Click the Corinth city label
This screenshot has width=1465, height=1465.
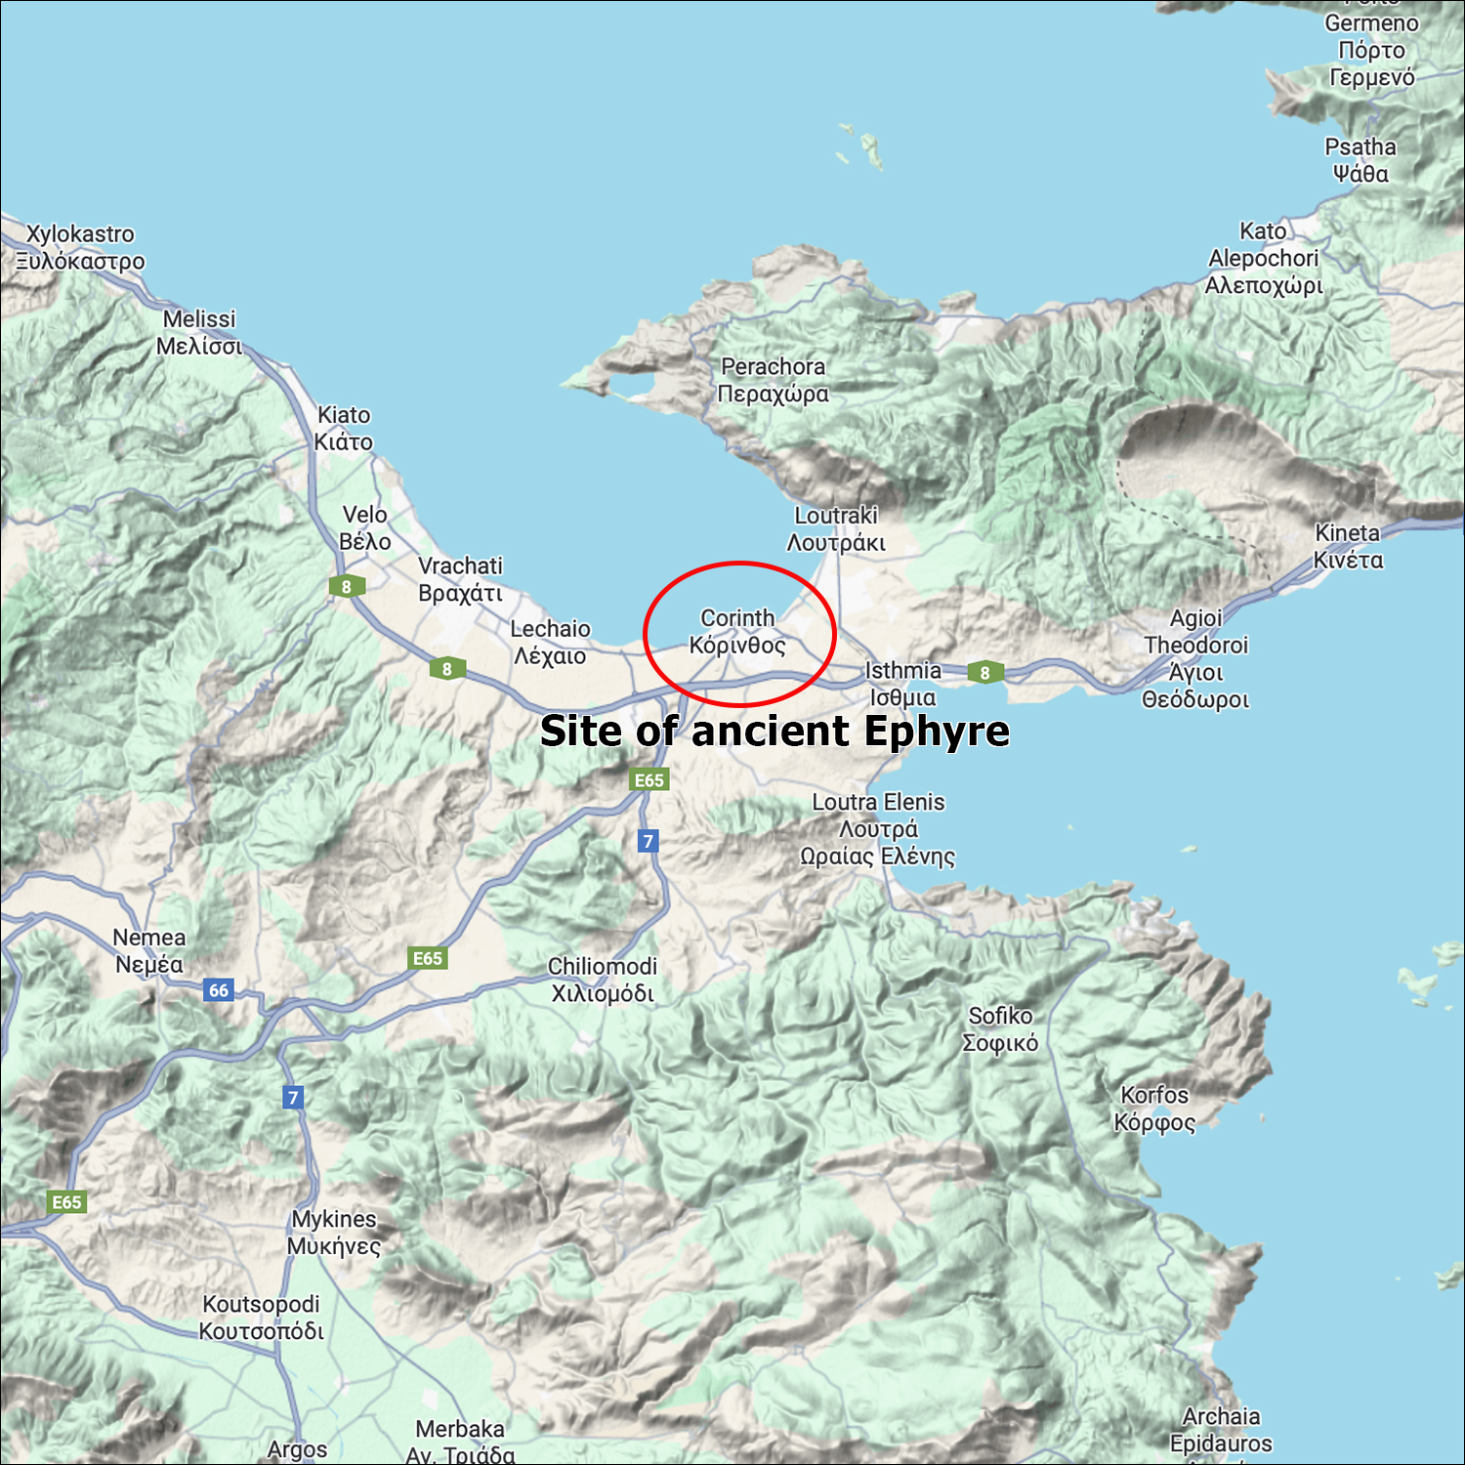tap(737, 632)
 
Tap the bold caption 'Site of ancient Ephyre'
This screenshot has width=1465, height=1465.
tap(774, 731)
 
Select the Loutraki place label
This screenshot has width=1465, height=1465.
tap(836, 528)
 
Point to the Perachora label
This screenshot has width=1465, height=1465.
tap(773, 380)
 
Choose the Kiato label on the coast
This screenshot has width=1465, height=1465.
tap(343, 428)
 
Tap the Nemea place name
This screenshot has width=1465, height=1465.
tap(148, 950)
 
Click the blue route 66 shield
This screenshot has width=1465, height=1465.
tap(218, 989)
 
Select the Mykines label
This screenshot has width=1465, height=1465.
tap(334, 1232)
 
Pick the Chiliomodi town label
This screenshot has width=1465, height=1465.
tap(602, 980)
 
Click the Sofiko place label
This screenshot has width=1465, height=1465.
tap(1000, 1028)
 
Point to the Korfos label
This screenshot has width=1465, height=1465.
tap(1154, 1109)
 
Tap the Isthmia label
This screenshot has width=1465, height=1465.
tap(902, 684)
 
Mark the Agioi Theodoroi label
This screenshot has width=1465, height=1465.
tap(1195, 658)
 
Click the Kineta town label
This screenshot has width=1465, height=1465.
tap(1348, 546)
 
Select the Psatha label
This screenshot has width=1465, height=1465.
tap(1360, 160)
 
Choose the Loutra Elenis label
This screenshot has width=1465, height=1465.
tap(878, 828)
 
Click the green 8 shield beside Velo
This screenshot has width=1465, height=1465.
tap(346, 587)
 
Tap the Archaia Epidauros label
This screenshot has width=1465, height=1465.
tap(1221, 1429)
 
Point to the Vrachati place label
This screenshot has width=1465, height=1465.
tap(460, 579)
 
